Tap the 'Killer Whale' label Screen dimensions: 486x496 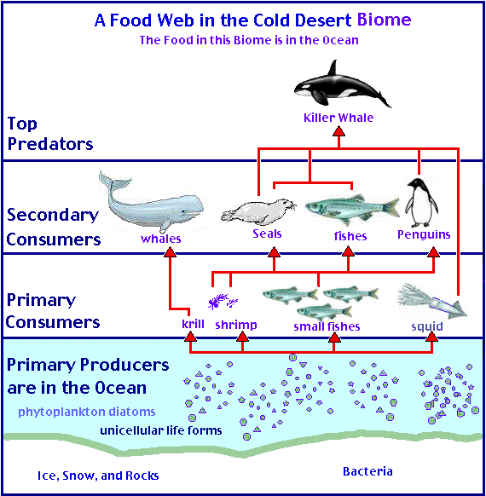pos(338,118)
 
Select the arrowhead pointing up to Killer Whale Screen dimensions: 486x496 pos(338,131)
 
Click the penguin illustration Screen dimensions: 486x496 pos(421,203)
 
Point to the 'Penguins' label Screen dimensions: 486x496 pos(424,234)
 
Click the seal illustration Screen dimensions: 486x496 pos(259,211)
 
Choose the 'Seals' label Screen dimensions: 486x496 pos(267,234)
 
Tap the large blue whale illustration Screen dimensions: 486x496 pos(151,203)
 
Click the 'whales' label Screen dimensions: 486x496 pos(161,239)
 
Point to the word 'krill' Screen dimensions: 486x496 pos(193,324)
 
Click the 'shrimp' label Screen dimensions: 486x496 pos(236,326)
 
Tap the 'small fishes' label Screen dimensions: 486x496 pos(327,326)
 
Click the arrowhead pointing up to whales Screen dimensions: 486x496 pos(170,252)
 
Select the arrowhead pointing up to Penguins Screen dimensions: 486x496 pos(433,252)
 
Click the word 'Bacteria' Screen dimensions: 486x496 pos(367,471)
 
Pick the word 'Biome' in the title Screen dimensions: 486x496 pos(385,20)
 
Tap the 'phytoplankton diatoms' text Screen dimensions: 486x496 pos(87,412)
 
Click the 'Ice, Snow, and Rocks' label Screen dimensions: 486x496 pos(98,476)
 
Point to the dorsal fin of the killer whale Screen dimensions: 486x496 pos(333,67)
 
